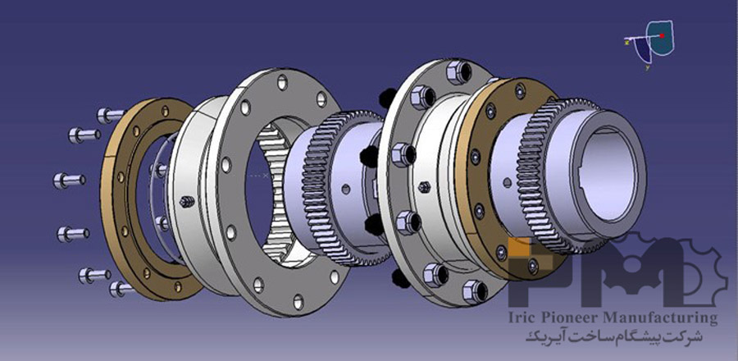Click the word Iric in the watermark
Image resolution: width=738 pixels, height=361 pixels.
click(523, 318)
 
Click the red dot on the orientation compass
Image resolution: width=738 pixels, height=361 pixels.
click(662, 35)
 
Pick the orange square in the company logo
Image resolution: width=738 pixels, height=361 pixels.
click(519, 247)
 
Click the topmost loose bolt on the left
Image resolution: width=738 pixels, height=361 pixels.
click(111, 115)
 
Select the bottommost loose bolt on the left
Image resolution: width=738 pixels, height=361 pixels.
click(121, 289)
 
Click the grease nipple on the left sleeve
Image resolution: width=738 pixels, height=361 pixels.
click(187, 202)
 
